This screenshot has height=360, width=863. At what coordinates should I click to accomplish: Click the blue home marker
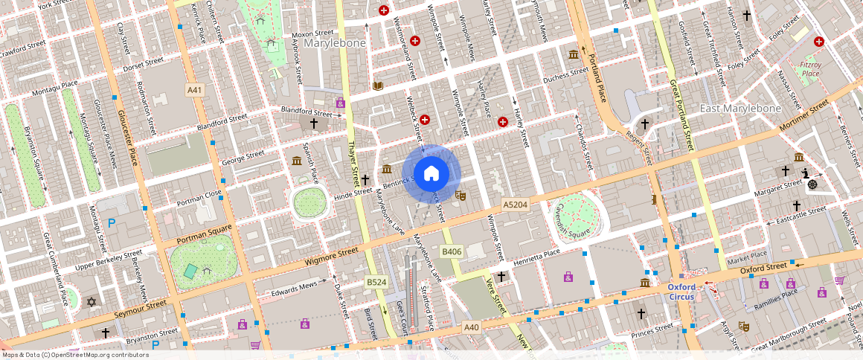pyautogui.click(x=431, y=174)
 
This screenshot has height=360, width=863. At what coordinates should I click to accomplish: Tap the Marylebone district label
pyautogui.click(x=334, y=43)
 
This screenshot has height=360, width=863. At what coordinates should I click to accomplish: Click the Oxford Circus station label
pyautogui.click(x=681, y=292)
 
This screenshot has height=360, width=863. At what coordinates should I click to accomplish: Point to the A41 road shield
pyautogui.click(x=194, y=90)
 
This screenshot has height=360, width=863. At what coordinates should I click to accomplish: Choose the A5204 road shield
pyautogui.click(x=515, y=204)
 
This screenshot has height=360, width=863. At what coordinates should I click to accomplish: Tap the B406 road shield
pyautogui.click(x=451, y=251)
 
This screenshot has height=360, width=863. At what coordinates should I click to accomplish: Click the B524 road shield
pyautogui.click(x=376, y=283)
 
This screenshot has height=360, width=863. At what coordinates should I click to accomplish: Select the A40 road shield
pyautogui.click(x=472, y=327)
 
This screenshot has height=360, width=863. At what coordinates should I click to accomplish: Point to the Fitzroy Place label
pyautogui.click(x=809, y=69)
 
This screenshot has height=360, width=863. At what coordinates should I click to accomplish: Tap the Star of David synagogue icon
pyautogui.click(x=92, y=302)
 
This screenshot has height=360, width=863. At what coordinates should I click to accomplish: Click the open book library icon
pyautogui.click(x=378, y=86)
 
